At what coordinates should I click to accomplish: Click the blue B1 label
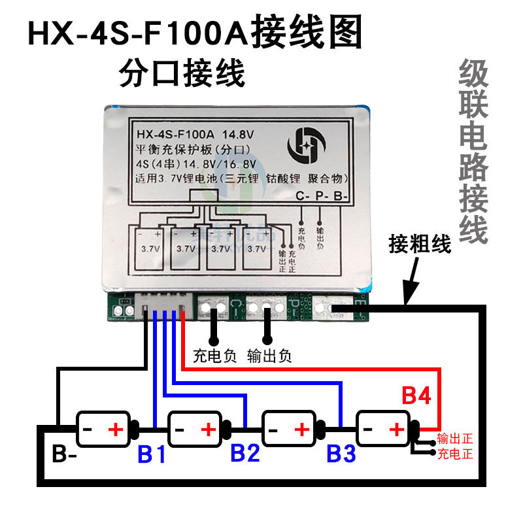152,454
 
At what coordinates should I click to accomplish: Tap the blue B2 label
246,453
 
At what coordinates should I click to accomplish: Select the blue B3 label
342,453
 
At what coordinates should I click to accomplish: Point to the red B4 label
416,396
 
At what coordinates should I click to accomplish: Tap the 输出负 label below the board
269,357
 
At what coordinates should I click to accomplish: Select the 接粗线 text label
420,245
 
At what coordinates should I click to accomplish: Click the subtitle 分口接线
182,73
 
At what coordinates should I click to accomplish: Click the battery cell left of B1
105,430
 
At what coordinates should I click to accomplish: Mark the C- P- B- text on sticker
323,195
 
